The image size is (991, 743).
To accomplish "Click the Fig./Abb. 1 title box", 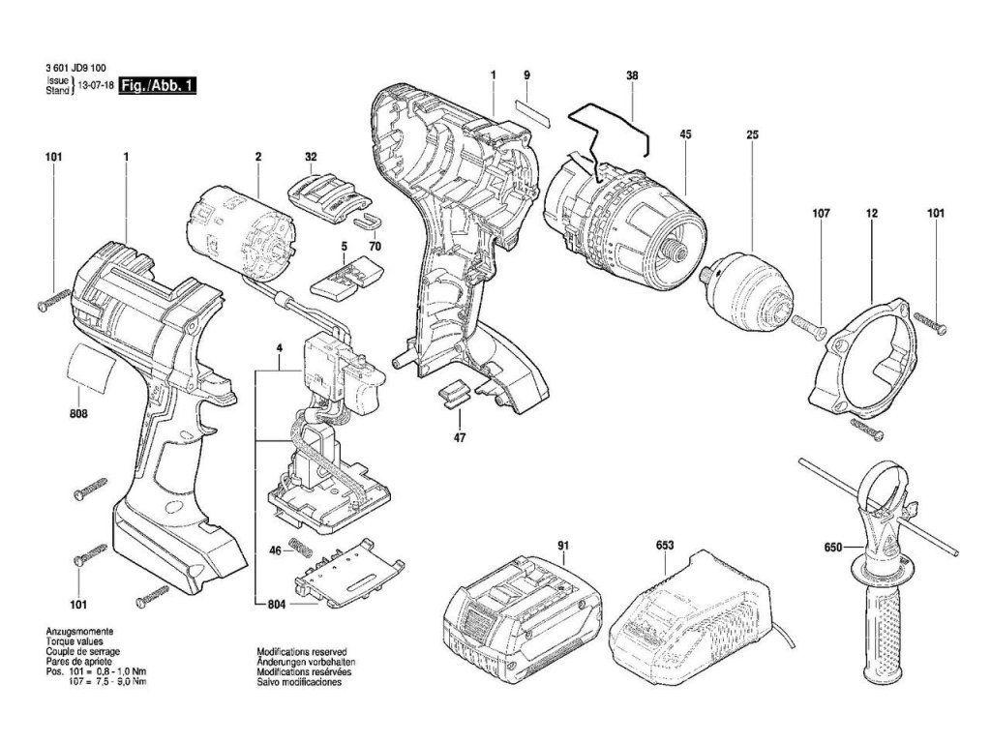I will click(165, 86).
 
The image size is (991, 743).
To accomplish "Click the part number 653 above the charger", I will click(665, 546).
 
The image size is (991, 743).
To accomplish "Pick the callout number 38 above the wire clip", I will click(632, 74).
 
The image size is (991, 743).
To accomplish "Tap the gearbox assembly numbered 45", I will click(619, 218).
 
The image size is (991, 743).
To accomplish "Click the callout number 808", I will click(78, 414).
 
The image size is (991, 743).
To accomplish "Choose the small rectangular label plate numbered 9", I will click(530, 108).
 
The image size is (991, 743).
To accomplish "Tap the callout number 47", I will click(460, 438).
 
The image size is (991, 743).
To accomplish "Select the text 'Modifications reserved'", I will click(301, 653).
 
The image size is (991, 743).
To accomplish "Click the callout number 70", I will click(375, 246).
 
